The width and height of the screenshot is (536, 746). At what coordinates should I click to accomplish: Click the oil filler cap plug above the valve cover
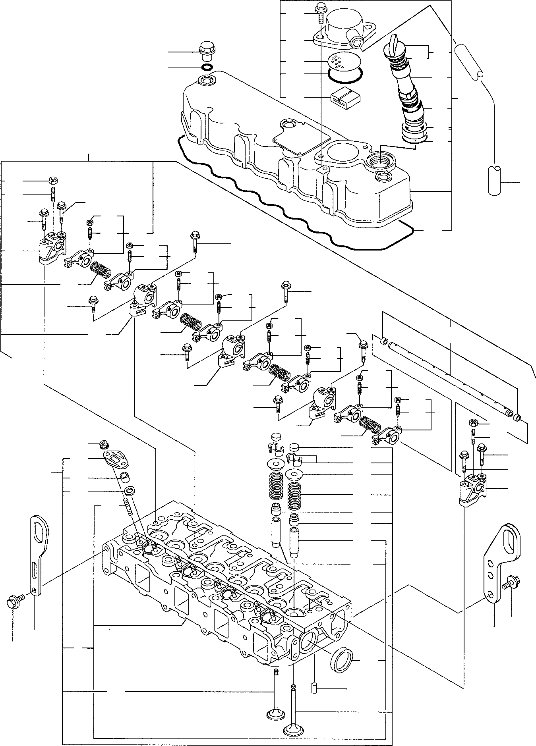click(205, 48)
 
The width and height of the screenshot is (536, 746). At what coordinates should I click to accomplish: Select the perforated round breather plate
click(339, 62)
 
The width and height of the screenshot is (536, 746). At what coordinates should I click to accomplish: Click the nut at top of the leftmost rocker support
click(52, 181)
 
